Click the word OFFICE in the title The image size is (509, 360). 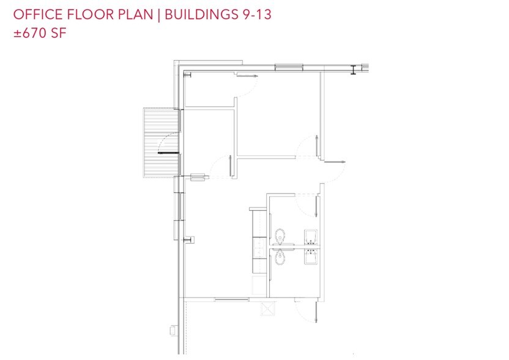tap(38, 15)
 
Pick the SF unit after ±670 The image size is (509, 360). tap(59, 33)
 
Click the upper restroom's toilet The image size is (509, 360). tap(280, 236)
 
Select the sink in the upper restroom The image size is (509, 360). tap(311, 236)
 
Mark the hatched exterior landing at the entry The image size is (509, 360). tap(161, 143)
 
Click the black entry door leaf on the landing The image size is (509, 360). tap(168, 152)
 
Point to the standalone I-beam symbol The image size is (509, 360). tap(354, 70)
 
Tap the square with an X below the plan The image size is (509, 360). tap(268, 309)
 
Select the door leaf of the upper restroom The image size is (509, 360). tap(316, 206)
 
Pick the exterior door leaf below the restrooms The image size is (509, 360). tap(316, 312)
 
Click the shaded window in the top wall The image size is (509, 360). tap(289, 67)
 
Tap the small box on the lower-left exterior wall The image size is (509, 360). tap(173, 331)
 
